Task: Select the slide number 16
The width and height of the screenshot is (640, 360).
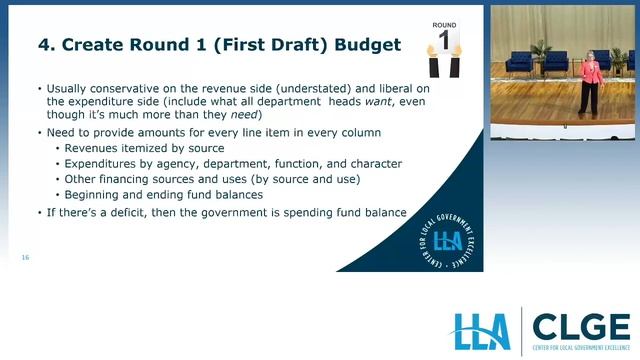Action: [25, 258]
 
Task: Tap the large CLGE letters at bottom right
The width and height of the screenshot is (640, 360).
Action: [580, 326]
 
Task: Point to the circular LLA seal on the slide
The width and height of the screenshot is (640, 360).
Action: [447, 240]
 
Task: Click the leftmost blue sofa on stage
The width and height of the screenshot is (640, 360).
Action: [519, 62]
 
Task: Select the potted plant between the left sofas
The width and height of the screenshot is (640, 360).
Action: [541, 54]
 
